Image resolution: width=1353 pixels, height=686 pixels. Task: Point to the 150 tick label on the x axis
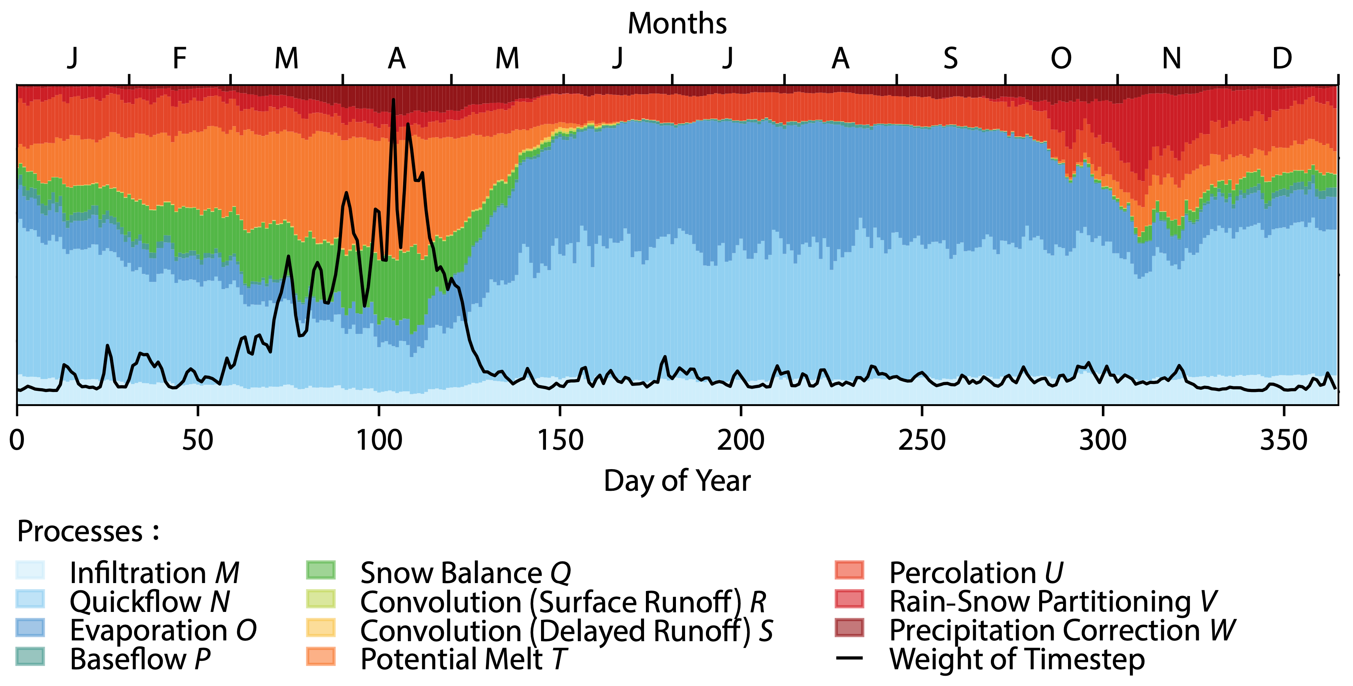click(560, 440)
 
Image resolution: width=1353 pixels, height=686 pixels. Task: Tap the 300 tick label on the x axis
click(1103, 440)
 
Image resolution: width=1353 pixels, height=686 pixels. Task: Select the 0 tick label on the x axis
click(17, 440)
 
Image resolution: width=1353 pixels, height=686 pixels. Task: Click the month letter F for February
click(180, 58)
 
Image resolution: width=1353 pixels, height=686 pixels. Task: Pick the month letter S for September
click(950, 58)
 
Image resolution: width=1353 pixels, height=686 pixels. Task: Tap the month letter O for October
click(1060, 58)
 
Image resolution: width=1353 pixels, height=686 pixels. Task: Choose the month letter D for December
click(1282, 58)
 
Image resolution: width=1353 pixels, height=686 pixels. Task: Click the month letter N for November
click(1171, 58)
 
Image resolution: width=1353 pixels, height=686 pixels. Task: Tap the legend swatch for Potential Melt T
click(320, 657)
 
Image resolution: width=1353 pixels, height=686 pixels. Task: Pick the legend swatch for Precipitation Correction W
click(849, 628)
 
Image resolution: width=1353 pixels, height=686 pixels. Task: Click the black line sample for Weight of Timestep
click(849, 658)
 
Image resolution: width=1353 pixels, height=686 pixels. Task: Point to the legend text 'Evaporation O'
click(163, 630)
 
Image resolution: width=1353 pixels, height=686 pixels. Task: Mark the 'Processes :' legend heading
click(88, 531)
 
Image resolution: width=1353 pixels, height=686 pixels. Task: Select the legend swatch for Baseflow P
click(30, 657)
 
